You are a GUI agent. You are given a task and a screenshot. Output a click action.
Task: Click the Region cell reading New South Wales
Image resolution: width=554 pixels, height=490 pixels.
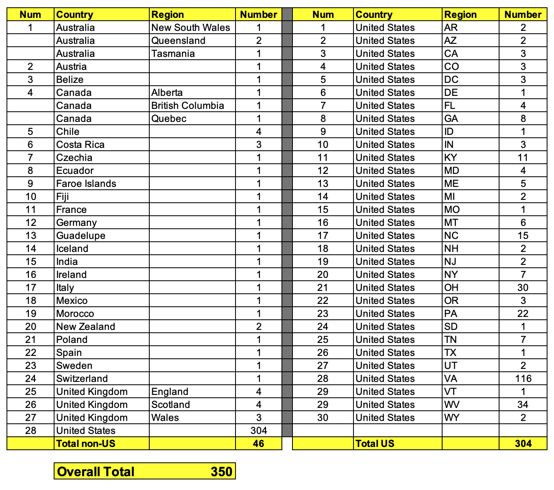(x=190, y=28)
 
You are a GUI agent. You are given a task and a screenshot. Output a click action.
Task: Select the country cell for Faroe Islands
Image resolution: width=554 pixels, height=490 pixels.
(x=86, y=184)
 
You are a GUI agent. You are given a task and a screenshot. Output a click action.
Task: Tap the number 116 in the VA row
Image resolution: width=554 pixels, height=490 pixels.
(x=523, y=379)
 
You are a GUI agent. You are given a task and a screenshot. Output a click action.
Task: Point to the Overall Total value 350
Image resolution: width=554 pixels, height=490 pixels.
(x=221, y=471)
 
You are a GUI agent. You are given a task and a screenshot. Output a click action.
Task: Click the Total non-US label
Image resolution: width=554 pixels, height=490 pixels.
(x=86, y=443)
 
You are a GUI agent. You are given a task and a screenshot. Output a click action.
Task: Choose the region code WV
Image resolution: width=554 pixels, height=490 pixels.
(x=451, y=405)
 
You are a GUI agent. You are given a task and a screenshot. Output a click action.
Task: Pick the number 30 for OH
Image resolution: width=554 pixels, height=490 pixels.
(x=523, y=288)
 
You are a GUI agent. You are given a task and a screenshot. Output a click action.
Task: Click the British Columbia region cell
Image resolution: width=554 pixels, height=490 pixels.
(x=188, y=106)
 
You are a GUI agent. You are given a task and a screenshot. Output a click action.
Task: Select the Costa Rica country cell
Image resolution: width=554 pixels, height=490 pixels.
(x=81, y=145)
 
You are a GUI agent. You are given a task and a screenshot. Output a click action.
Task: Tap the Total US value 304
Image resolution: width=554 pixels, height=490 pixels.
(x=523, y=443)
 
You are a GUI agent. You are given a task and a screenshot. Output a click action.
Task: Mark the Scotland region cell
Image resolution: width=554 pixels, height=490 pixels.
(x=170, y=405)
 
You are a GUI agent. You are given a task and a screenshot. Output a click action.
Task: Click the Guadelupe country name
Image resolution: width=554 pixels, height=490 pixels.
(x=81, y=236)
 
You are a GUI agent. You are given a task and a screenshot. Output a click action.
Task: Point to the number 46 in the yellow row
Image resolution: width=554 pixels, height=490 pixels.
(x=258, y=443)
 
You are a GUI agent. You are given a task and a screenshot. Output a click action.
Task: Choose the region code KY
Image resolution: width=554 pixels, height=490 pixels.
(x=451, y=158)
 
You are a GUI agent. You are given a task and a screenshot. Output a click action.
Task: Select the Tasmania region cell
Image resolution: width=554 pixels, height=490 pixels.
(x=173, y=54)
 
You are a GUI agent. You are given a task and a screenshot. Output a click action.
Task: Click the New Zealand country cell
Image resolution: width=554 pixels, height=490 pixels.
(x=86, y=327)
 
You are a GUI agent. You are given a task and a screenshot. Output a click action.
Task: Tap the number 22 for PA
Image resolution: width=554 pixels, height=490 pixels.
(x=523, y=314)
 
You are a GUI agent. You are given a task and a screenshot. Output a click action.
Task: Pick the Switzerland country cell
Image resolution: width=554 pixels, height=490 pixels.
(x=82, y=379)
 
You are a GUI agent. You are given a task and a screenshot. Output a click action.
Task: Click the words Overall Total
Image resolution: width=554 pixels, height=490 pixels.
(x=96, y=471)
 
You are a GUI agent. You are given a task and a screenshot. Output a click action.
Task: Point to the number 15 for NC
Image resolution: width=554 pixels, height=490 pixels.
(x=523, y=236)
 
